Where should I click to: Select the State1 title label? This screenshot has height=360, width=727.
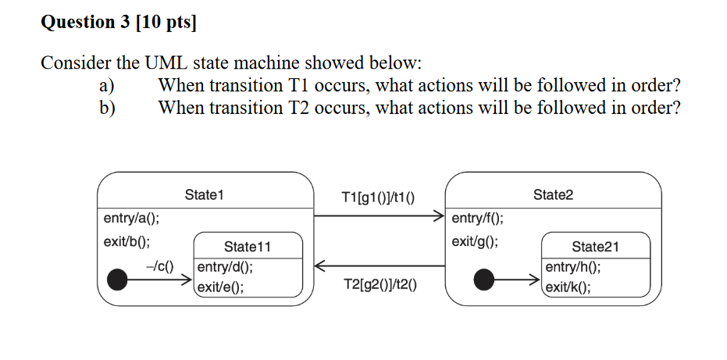point(204,194)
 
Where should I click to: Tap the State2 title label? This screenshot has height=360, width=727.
point(553,194)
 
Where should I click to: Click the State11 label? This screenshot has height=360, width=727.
point(248,247)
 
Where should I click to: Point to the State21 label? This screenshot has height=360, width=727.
point(595,247)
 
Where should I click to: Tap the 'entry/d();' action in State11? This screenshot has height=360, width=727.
point(224,267)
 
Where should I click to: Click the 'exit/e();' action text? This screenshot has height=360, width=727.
point(220,287)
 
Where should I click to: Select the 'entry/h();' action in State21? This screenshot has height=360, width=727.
point(573,267)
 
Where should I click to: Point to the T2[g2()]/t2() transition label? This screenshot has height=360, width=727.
point(380,286)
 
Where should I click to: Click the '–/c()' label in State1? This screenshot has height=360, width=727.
point(159,266)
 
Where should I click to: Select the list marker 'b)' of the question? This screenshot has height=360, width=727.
point(105,107)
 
